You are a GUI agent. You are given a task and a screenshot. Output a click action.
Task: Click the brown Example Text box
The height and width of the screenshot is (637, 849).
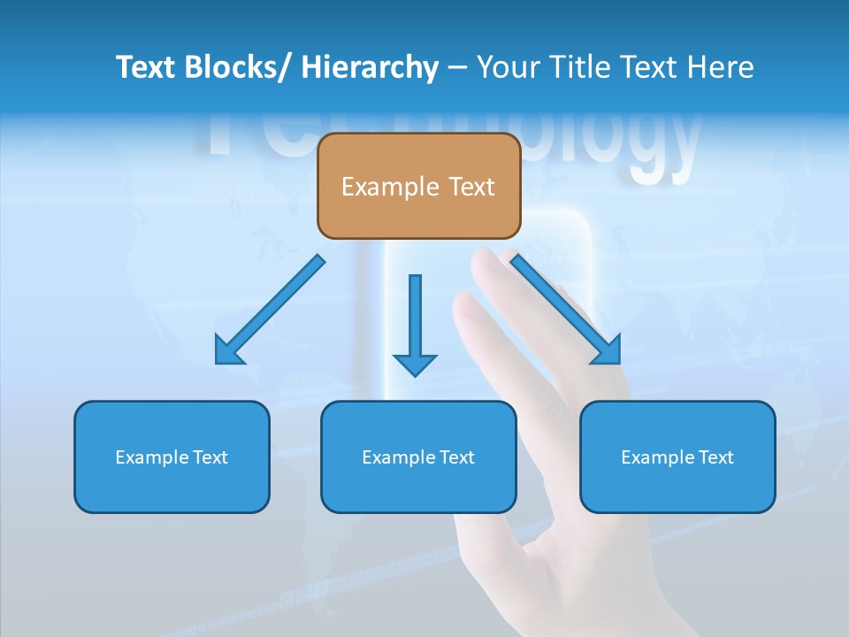[x=418, y=186]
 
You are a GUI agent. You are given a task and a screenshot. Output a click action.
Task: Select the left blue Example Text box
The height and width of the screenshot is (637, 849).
[x=172, y=457]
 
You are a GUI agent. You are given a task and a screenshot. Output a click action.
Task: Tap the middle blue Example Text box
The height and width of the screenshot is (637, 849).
[x=418, y=457]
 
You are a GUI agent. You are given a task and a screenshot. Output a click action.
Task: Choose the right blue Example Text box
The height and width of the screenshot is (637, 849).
[x=677, y=457]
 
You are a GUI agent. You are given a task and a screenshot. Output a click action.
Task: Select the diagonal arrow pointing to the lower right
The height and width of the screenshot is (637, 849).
[x=566, y=310]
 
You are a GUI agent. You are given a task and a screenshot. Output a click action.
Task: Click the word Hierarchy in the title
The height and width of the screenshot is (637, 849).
[x=370, y=67]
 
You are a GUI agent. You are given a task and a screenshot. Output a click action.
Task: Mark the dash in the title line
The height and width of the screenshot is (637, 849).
[x=457, y=67]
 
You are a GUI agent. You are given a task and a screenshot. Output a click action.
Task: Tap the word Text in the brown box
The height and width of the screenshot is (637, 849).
[x=471, y=187]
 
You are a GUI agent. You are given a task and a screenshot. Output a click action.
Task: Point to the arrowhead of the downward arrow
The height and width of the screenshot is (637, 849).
[x=415, y=365]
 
